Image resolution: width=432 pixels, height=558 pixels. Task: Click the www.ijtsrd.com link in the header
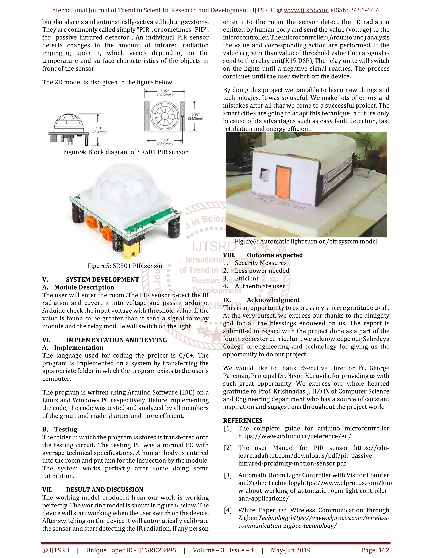coord(306,10)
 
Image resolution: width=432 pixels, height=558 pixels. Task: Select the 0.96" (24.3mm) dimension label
coord(196,116)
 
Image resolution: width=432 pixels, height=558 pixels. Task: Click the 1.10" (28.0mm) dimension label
coord(165,142)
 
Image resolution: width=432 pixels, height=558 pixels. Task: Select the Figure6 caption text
coord(306,242)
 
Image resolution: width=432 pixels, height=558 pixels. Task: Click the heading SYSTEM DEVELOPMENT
coord(102,279)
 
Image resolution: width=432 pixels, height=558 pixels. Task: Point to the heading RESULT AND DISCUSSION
coord(105,490)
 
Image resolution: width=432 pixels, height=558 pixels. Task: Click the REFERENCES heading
coord(242,421)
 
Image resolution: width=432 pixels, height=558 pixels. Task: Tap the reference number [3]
coord(228,475)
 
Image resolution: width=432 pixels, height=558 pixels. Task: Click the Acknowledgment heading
coord(273,300)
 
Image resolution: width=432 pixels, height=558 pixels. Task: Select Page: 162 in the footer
coord(375,550)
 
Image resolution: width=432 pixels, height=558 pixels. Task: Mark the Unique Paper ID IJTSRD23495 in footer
coord(131,550)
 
